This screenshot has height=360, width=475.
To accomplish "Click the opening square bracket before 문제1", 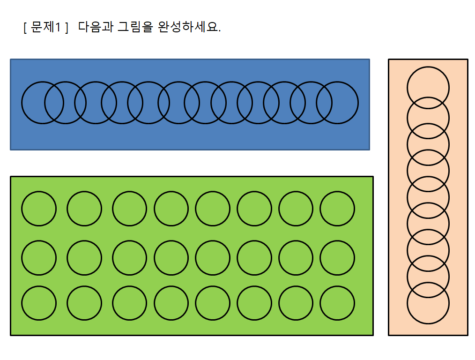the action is tap(24, 27).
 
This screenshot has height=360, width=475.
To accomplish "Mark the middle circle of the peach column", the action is tap(428, 195).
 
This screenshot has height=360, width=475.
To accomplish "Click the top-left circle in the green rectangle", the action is tap(39, 209).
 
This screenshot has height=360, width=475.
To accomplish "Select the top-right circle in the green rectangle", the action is tap(337, 209).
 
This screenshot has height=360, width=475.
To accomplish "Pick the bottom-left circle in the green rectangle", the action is tap(39, 303).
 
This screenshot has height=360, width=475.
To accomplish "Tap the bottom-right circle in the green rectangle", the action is tap(337, 303).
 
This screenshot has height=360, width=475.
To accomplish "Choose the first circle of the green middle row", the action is tap(39, 257).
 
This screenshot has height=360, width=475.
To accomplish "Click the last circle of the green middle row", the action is tap(337, 257).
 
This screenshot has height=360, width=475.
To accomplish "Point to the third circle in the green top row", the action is tap(130, 209).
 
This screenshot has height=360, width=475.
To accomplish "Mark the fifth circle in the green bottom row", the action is tap(213, 303).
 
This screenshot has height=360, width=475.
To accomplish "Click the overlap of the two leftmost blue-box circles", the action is tap(54, 103).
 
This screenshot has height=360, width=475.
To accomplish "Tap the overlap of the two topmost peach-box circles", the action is tap(428, 103).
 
